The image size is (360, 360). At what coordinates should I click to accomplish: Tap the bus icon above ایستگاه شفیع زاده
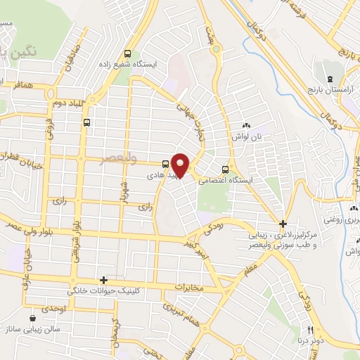click(127, 53)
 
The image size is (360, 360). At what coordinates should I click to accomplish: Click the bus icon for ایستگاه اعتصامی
click(225, 169)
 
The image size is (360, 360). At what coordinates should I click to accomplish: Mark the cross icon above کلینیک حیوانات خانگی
click(103, 279)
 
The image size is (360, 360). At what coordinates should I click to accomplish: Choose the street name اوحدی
click(54, 309)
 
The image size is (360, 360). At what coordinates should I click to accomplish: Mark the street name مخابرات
click(187, 287)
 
